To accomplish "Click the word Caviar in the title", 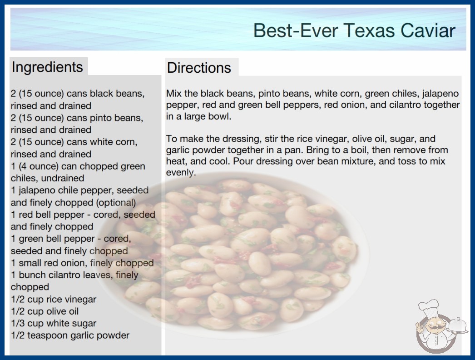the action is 428,30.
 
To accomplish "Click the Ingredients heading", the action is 47,67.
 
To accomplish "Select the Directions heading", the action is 199,68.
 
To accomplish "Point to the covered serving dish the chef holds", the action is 458,326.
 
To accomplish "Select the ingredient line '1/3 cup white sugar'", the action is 54,323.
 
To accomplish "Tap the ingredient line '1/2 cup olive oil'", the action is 45,311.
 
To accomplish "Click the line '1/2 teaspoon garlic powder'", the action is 70,335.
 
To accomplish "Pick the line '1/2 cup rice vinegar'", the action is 54,300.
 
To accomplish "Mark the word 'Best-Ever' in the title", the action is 294,30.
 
